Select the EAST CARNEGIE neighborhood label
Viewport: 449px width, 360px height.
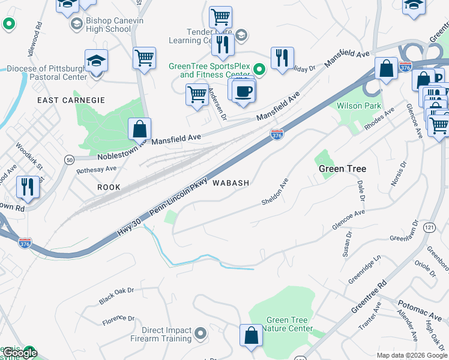(71, 100)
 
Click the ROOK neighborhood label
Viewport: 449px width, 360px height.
(109, 187)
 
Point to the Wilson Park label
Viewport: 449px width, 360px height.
(359, 106)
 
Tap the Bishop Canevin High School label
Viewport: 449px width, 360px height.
(108, 24)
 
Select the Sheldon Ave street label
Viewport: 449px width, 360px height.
(275, 192)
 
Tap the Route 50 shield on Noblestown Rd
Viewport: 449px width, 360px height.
(70, 159)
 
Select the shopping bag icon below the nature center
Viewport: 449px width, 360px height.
(251, 336)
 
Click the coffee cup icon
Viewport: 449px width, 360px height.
(243, 91)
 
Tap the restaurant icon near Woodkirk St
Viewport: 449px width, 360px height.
(28, 187)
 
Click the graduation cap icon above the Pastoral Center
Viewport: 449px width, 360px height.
(96, 61)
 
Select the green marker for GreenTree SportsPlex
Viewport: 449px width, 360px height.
(259, 70)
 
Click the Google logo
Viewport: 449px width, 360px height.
(20, 353)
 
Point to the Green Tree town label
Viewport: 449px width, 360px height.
(342, 169)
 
